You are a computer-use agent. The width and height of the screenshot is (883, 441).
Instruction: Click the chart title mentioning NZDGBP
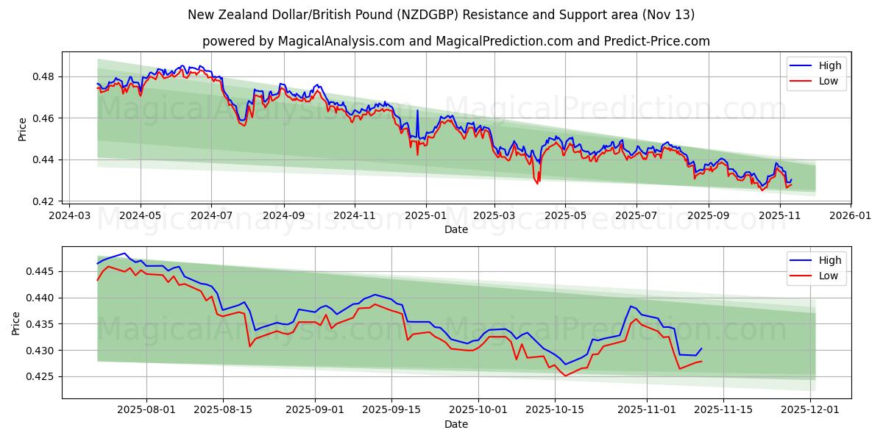pos(441,15)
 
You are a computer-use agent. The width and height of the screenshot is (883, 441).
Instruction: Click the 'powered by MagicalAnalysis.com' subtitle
pos(455,41)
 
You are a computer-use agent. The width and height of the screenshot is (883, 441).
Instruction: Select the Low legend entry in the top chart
pos(828,81)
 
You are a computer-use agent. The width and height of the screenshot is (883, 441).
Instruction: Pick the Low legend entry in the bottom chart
pos(828,276)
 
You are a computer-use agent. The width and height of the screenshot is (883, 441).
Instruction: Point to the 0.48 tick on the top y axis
pos(45,76)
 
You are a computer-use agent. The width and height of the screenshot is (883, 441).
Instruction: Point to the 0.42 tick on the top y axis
pos(45,201)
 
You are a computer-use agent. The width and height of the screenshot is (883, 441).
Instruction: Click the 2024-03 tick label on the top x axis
pos(69,216)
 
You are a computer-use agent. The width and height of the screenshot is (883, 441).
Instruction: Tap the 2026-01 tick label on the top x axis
pos(851,216)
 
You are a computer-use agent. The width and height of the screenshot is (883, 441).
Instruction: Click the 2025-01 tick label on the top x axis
pos(425,216)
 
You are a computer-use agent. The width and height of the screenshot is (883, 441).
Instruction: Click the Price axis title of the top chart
pos(22,129)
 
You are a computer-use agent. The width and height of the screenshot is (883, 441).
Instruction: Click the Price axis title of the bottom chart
pos(16,323)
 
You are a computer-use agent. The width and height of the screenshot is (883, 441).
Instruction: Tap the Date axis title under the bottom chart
pos(455,425)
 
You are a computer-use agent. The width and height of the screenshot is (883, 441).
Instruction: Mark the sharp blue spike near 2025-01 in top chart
pos(417,111)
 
